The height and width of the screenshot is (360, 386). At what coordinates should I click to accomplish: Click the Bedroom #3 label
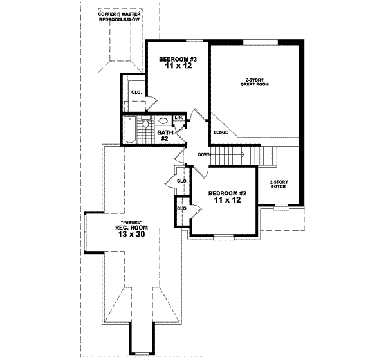177,60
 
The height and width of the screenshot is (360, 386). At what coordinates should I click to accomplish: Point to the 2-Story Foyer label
278,184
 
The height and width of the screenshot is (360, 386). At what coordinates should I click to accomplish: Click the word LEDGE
221,132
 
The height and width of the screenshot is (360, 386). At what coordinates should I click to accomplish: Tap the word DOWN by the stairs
205,155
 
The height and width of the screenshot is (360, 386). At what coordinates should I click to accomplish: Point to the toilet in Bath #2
146,123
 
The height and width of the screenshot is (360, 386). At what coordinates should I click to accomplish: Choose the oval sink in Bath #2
163,120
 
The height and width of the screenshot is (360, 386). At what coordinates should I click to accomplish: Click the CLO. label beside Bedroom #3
136,93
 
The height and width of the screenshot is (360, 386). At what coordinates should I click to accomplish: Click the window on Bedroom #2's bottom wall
223,237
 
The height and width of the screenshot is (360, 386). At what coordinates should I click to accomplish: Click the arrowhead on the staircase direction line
242,154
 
